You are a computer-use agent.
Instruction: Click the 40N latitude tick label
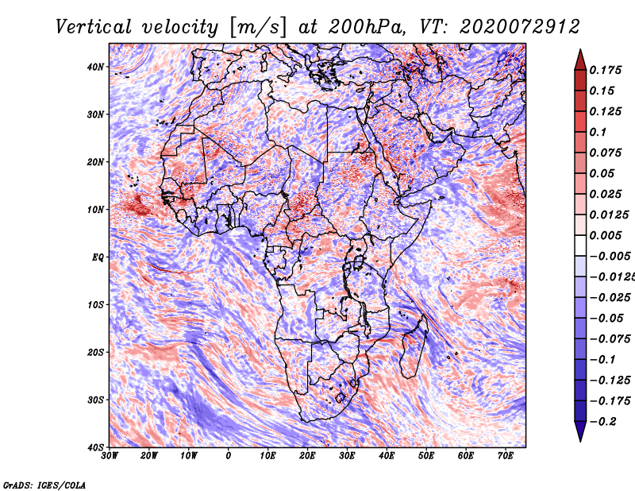coord(95,67)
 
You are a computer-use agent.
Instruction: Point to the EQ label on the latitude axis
coord(98,257)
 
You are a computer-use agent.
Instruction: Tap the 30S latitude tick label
coord(95,400)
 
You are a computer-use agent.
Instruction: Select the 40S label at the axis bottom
coord(95,447)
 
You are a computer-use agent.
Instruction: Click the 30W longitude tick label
coord(110,456)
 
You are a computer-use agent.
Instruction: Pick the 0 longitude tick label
coord(229,456)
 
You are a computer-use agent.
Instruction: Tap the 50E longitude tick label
coord(426,456)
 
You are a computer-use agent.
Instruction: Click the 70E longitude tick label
coord(506,456)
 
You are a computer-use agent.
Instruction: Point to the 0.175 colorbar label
coord(606,70)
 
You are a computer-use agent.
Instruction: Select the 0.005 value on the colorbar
coord(606,235)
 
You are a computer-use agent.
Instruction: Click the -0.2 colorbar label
coord(602,422)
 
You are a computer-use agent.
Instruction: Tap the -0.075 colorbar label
coord(610,339)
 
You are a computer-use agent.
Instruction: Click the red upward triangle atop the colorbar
coord(580,60)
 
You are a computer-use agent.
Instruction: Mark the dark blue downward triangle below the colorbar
coord(580,431)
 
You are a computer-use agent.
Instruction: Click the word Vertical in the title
coord(93,27)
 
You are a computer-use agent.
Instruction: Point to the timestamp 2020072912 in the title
coord(520,27)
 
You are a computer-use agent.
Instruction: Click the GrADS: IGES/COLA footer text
coord(44,485)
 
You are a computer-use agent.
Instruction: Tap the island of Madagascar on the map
coord(413,349)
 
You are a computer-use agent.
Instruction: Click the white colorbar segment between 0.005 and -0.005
coord(580,246)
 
